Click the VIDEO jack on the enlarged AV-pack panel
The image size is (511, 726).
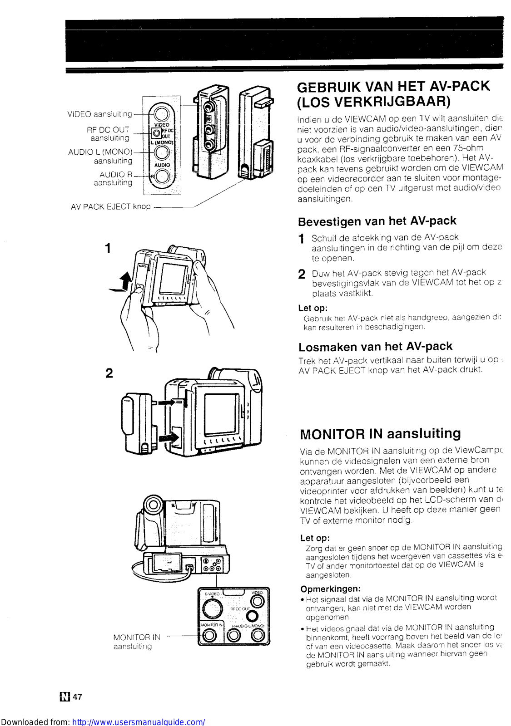point(161,113)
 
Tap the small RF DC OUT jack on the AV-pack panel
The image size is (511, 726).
point(156,133)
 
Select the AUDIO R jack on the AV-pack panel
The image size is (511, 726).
point(163,177)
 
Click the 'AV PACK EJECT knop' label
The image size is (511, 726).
point(110,207)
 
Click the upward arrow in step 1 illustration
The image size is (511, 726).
point(127,281)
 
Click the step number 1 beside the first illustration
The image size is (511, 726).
point(108,249)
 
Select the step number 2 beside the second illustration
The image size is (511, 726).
point(109,373)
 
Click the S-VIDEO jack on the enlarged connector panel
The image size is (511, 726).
point(212,608)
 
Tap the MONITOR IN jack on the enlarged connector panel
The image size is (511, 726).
point(210,636)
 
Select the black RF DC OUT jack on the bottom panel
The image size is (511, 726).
point(252,616)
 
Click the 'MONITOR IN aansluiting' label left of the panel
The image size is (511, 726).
point(137,642)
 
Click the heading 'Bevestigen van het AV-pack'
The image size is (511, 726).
point(377,221)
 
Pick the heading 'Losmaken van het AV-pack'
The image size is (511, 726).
point(375,347)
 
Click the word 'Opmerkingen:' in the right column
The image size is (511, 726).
point(331,589)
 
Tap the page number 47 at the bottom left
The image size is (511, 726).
point(78,697)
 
